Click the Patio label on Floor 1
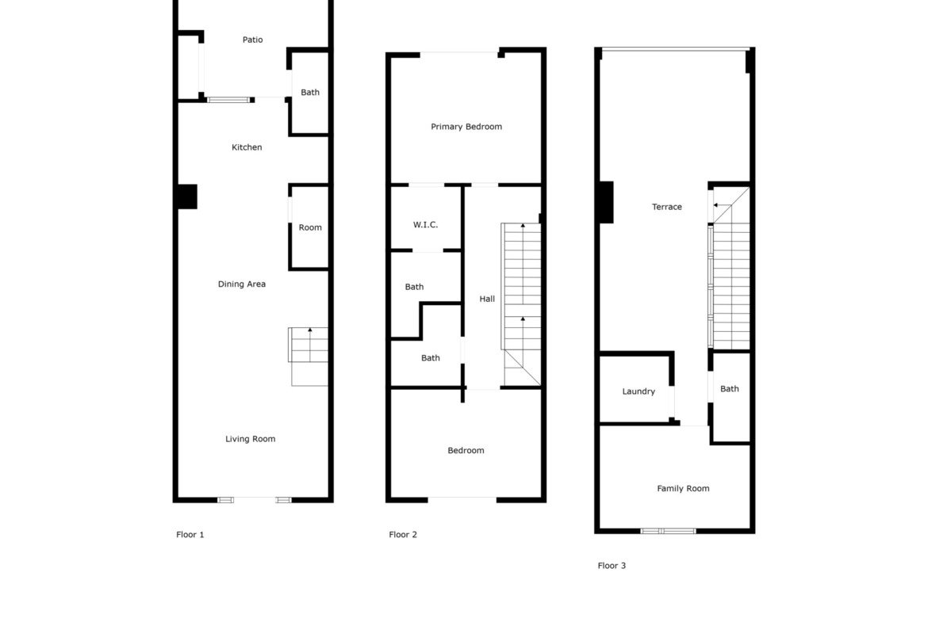(x=253, y=40)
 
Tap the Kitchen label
(x=247, y=147)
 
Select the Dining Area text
(x=241, y=284)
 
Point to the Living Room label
(x=251, y=439)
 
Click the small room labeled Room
(x=310, y=227)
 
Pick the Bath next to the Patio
(x=310, y=92)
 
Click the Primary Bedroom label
(x=466, y=127)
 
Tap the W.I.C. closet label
(x=425, y=225)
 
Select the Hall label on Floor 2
(x=487, y=300)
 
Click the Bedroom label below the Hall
(x=466, y=451)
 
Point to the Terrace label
(x=667, y=207)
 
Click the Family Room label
(x=683, y=488)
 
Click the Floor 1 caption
(x=190, y=535)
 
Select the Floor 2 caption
(x=403, y=535)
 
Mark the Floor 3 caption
(x=612, y=565)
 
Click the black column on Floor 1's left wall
(x=188, y=197)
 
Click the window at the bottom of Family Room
(x=669, y=531)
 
